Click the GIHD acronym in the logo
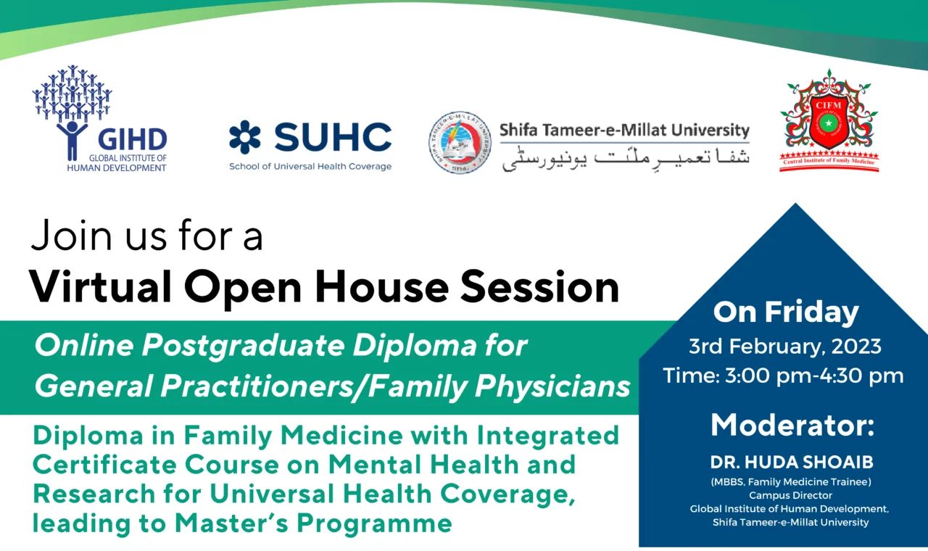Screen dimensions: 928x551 click(x=132, y=139)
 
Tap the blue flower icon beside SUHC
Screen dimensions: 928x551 click(x=245, y=137)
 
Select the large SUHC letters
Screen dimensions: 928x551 click(x=333, y=137)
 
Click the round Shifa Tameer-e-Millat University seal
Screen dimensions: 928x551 click(x=460, y=142)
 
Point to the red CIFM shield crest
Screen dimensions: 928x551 click(x=829, y=120)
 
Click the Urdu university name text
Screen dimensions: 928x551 click(x=626, y=158)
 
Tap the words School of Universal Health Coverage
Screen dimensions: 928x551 click(x=310, y=167)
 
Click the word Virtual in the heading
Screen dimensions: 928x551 click(x=100, y=286)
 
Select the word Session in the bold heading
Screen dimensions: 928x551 click(x=540, y=286)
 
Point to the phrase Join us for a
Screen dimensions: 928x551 click(x=146, y=236)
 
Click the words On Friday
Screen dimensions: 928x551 click(x=786, y=312)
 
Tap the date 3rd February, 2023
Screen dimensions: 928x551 click(x=785, y=347)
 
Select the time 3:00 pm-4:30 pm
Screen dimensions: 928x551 click(x=814, y=376)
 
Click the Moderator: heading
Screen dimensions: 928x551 click(x=792, y=425)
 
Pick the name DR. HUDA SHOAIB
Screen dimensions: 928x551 click(x=792, y=463)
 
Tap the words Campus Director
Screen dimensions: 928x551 click(x=790, y=495)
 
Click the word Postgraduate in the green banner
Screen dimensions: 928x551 click(x=244, y=346)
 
